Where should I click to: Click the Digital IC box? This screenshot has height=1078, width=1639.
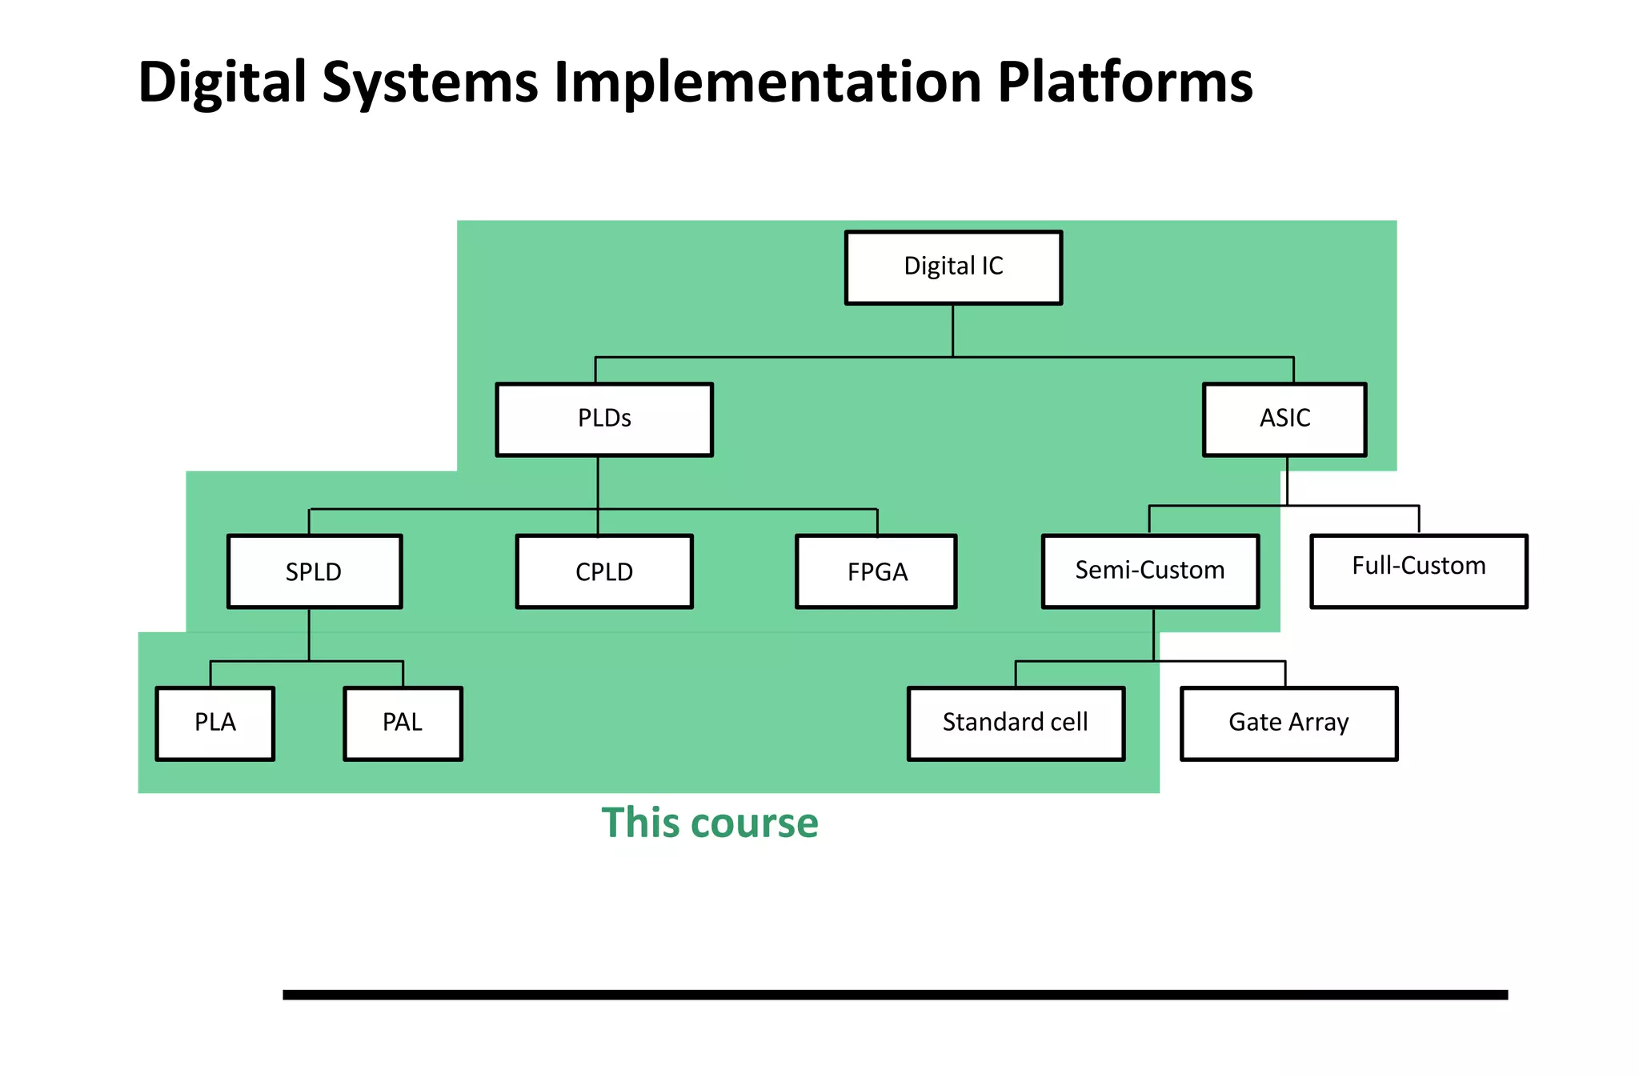tap(953, 267)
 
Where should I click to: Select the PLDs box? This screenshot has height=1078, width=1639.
tap(604, 419)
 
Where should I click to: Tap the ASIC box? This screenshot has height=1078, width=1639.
tap(1284, 419)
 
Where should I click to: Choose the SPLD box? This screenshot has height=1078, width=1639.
tap(315, 571)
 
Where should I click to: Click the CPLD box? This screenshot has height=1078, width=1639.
tap(604, 571)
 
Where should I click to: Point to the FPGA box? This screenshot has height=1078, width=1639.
tap(876, 571)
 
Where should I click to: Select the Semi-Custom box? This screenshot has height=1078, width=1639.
tap(1150, 571)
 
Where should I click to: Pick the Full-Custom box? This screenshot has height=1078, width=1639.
tap(1418, 571)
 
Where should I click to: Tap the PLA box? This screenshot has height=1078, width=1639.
tap(215, 723)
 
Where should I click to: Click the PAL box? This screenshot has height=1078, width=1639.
tap(403, 723)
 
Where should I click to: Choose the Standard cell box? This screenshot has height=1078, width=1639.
tap(1016, 723)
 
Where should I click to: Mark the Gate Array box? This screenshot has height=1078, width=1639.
tap(1288, 723)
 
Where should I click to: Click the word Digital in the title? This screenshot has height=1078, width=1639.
tap(222, 83)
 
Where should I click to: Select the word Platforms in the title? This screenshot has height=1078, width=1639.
tap(1124, 82)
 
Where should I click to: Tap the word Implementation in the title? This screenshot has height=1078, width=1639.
tap(767, 83)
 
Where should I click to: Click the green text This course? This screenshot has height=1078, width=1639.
tap(710, 823)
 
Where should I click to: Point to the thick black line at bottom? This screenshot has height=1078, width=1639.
tap(895, 995)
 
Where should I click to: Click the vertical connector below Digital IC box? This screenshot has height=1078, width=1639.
tap(952, 331)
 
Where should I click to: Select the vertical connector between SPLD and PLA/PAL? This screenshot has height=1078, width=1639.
tap(309, 635)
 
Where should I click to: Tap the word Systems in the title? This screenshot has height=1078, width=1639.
tap(430, 83)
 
